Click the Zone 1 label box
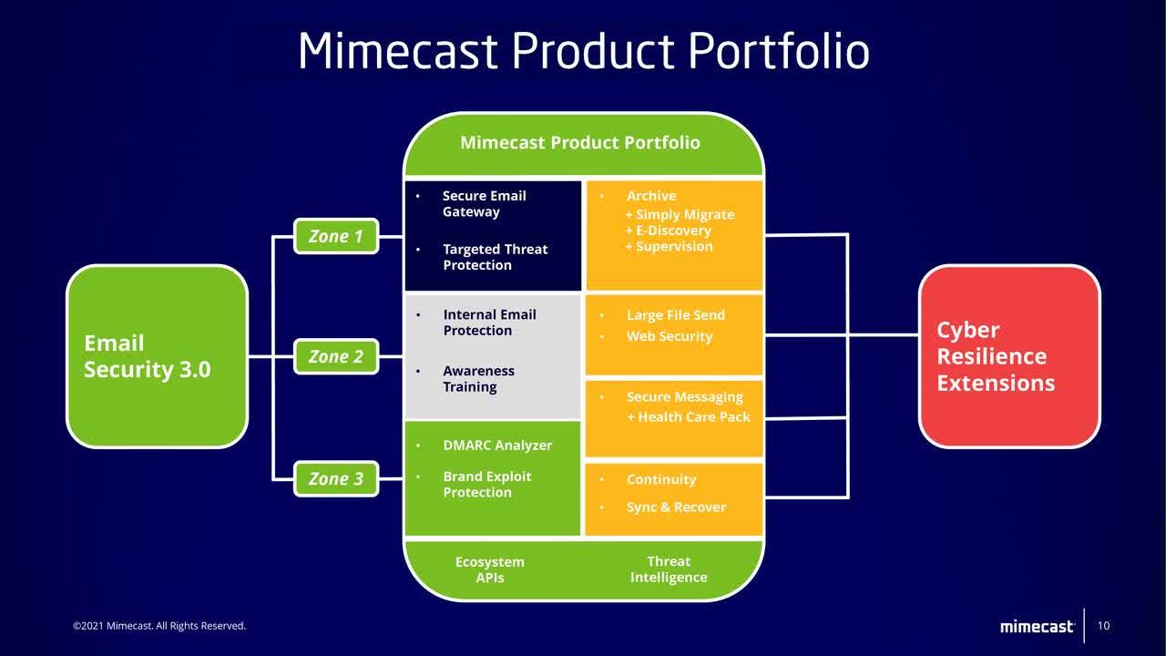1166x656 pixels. [x=335, y=237]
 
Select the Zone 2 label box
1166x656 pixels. [x=335, y=357]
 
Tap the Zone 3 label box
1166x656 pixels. [x=335, y=479]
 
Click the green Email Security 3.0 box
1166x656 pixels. [x=157, y=356]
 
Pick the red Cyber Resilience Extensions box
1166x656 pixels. [x=1009, y=356]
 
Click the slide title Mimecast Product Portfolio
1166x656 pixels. [x=583, y=50]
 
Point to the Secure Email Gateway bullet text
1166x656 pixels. [x=484, y=204]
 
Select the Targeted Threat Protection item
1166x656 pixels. [x=495, y=257]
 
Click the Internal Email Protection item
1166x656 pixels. [x=489, y=323]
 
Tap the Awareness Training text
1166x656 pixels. [x=478, y=379]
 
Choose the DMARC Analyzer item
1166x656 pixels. [x=497, y=446]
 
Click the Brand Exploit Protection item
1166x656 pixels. [x=486, y=485]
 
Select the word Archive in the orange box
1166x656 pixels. [x=650, y=196]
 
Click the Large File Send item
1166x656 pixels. [x=675, y=315]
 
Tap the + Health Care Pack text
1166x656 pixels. [x=688, y=417]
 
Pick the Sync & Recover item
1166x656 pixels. [x=676, y=507]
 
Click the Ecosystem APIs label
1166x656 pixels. [x=489, y=569]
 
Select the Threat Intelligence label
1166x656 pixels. [x=669, y=569]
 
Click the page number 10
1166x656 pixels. [x=1103, y=626]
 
